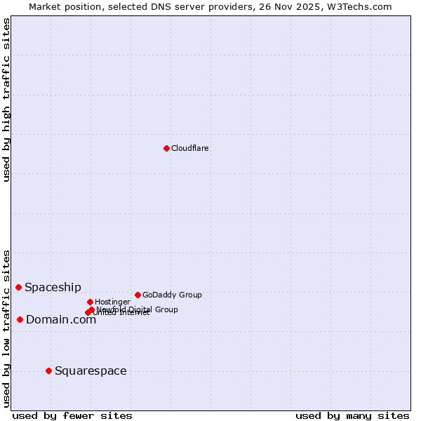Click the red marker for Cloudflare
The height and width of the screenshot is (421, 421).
coord(166,148)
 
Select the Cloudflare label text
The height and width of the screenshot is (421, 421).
coord(190,148)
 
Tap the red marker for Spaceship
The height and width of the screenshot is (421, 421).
coord(18,287)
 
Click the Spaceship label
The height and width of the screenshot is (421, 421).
coord(53,287)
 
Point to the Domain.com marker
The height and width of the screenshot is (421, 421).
coord(20,319)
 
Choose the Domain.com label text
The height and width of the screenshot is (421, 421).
coord(61,320)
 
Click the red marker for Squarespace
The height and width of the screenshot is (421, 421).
coord(48,370)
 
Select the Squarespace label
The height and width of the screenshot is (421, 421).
coord(91,370)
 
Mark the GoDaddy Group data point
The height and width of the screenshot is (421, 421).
coord(138,295)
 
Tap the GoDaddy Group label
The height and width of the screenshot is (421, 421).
coord(172,295)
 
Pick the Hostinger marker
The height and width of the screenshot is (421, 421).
coord(90,302)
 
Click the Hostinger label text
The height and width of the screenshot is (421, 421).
coord(112,302)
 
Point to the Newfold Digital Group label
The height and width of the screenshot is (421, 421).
coord(138,309)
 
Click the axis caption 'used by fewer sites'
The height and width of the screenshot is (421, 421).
coord(72,415)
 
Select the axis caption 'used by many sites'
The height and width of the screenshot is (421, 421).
coord(352,415)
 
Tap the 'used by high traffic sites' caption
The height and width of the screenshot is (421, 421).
coord(6,100)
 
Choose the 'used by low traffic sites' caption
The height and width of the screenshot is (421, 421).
coord(6,328)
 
